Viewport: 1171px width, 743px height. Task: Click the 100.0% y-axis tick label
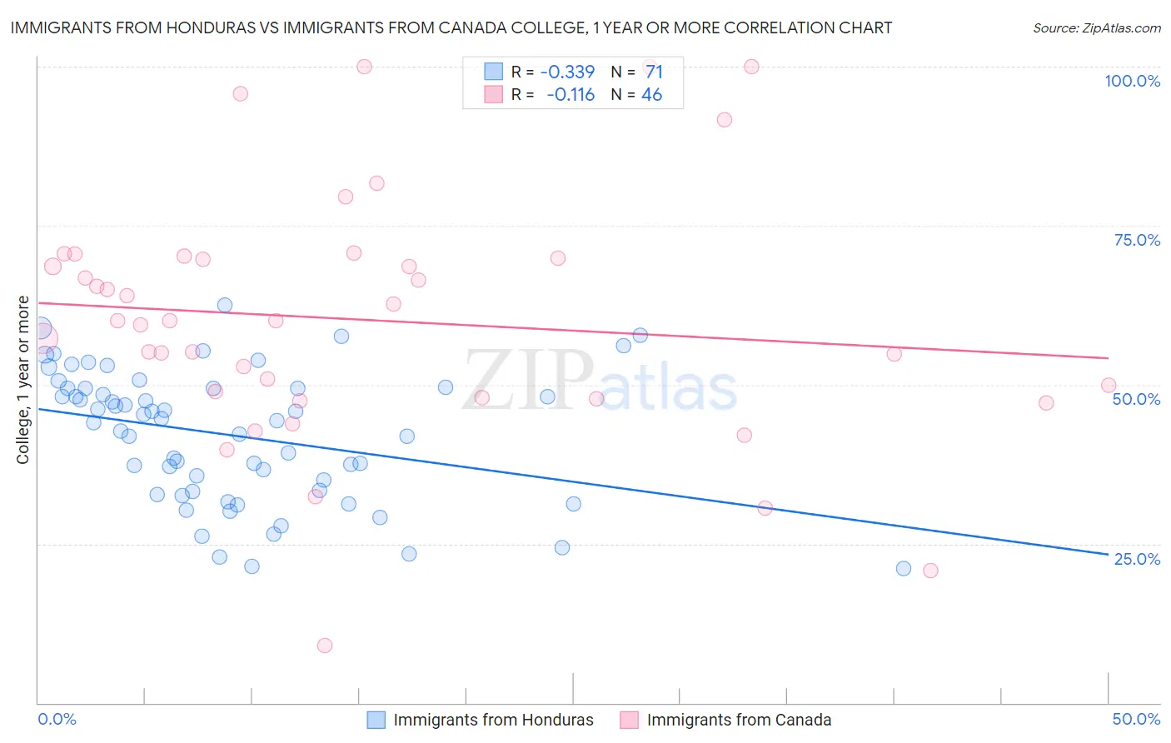pyautogui.click(x=1132, y=81)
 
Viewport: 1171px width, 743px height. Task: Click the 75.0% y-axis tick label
pyautogui.click(x=1137, y=240)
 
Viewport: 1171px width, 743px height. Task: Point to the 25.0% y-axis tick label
pyautogui.click(x=1137, y=559)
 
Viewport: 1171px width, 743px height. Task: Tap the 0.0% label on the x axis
pyautogui.click(x=57, y=719)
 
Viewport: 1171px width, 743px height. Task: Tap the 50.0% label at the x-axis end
pyautogui.click(x=1136, y=719)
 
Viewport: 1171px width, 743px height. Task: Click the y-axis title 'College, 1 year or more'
pyautogui.click(x=23, y=380)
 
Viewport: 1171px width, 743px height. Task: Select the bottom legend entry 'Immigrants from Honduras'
pyautogui.click(x=493, y=720)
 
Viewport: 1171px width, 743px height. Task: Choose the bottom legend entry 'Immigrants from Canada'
pyautogui.click(x=739, y=720)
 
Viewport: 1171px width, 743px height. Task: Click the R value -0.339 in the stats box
pyautogui.click(x=567, y=72)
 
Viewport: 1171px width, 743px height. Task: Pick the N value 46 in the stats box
pyautogui.click(x=651, y=95)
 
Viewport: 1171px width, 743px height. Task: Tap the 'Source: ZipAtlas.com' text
pyautogui.click(x=1096, y=28)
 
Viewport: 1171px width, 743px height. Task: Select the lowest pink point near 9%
pyautogui.click(x=325, y=646)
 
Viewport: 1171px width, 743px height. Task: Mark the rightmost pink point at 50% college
pyautogui.click(x=1109, y=385)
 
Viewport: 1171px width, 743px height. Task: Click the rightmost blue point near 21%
pyautogui.click(x=904, y=569)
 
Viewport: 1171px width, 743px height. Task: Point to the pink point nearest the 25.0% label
pyautogui.click(x=930, y=571)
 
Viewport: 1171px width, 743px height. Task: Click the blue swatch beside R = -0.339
pyautogui.click(x=494, y=72)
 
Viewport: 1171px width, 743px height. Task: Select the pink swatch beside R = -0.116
pyautogui.click(x=494, y=95)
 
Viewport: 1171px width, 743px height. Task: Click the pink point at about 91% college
pyautogui.click(x=725, y=120)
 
